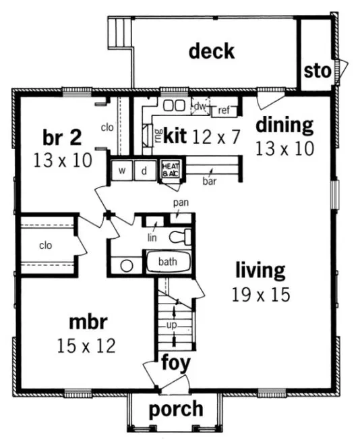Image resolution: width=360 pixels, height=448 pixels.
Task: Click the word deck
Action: click(212, 51)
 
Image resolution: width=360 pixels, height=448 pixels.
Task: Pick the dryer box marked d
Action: click(144, 170)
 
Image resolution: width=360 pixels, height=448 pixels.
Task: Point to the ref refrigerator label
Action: click(224, 111)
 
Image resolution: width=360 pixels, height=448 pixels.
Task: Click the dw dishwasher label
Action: click(200, 107)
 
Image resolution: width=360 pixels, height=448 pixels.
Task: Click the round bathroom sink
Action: click(127, 265)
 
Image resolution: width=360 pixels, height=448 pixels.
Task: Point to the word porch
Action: click(175, 409)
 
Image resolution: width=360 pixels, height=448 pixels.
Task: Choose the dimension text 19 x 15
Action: click(260, 294)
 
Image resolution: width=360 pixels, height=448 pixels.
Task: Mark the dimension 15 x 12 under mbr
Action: click(86, 346)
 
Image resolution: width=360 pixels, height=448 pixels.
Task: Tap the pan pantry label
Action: click(180, 202)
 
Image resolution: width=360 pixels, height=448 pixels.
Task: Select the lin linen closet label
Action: click(153, 237)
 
